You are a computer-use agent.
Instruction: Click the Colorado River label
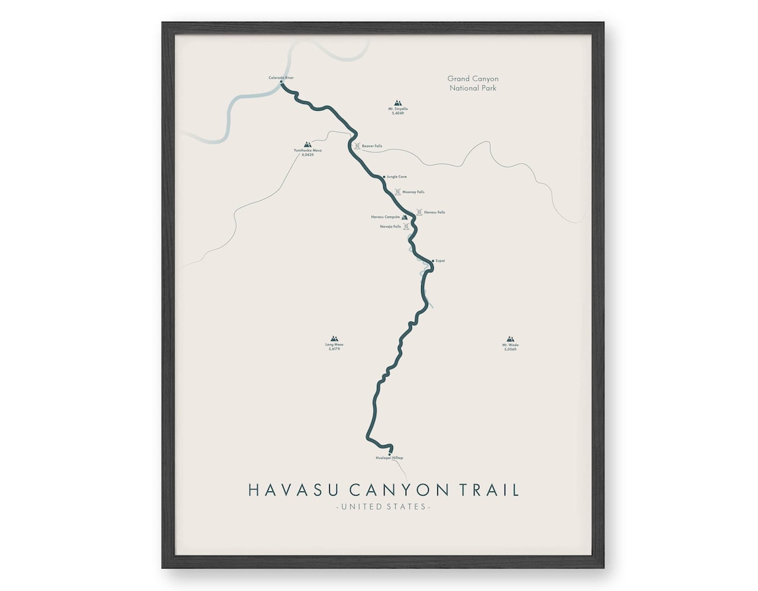click(x=281, y=77)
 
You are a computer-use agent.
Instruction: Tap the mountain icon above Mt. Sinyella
click(x=398, y=103)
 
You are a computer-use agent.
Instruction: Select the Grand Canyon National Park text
click(x=473, y=84)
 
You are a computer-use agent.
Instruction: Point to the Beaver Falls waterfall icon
click(x=357, y=146)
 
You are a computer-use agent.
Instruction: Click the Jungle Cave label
click(x=397, y=177)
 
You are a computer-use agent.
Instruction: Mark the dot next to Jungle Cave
click(x=385, y=177)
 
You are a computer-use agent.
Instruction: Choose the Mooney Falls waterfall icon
click(x=398, y=192)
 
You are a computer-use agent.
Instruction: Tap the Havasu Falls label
click(x=434, y=212)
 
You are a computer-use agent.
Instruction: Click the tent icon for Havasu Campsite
click(x=404, y=218)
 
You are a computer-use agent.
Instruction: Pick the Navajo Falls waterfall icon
click(x=406, y=227)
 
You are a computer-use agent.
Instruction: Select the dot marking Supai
click(x=433, y=260)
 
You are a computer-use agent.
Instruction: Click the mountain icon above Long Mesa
click(x=334, y=339)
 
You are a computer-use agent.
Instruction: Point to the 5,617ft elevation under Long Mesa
click(x=334, y=349)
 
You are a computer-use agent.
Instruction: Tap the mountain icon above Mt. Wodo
click(x=510, y=339)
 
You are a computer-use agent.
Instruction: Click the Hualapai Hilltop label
click(x=390, y=458)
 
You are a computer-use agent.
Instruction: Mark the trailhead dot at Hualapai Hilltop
click(x=390, y=453)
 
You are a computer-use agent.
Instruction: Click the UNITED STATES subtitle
click(x=383, y=507)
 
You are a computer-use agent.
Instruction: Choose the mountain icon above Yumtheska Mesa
click(x=307, y=145)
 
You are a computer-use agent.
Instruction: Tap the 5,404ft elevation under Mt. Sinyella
click(x=398, y=113)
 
